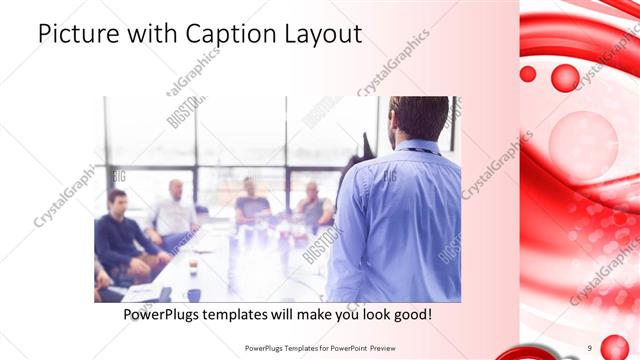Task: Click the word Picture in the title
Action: click(77, 34)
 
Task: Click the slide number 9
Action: click(590, 347)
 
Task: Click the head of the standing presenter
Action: click(419, 117)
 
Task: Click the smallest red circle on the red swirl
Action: click(528, 73)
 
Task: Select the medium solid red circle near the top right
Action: click(565, 77)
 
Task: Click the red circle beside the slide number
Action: click(613, 347)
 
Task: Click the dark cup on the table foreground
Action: click(193, 294)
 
